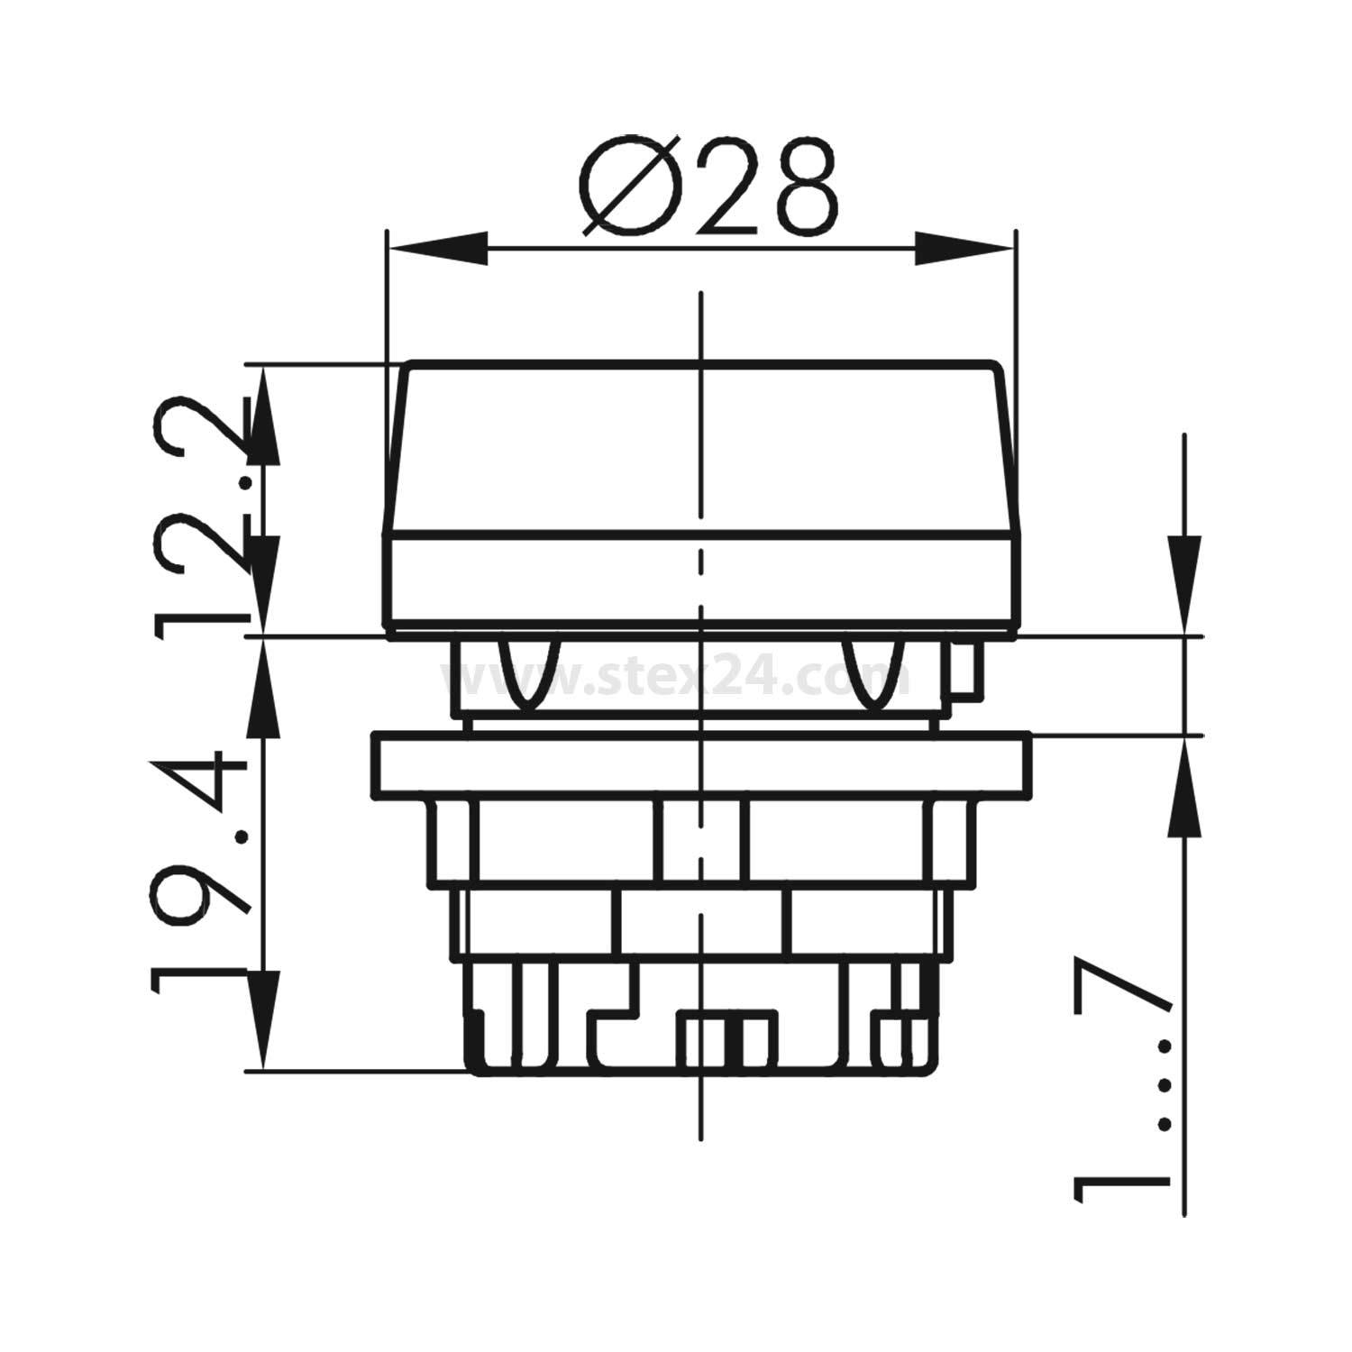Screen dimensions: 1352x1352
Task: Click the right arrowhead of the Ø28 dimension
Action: (x=964, y=249)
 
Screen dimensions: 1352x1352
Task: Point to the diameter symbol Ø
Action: (x=629, y=187)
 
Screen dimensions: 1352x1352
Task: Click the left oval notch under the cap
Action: (x=528, y=671)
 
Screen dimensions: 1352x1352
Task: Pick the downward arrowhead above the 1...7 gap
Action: (x=1183, y=586)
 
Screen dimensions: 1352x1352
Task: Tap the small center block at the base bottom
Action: (x=726, y=1041)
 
